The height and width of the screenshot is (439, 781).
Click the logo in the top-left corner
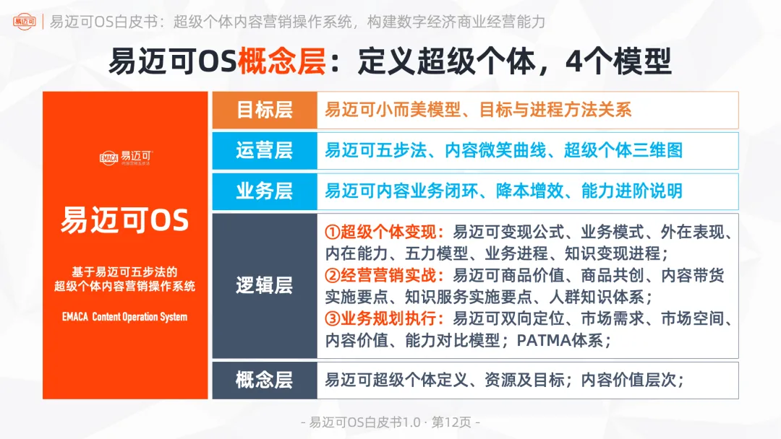(x=26, y=22)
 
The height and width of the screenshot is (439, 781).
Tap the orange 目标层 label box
(x=264, y=110)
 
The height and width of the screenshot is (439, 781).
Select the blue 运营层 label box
(x=264, y=150)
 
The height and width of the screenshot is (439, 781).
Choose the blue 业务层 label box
(x=264, y=191)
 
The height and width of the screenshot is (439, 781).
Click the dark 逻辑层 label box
(x=264, y=285)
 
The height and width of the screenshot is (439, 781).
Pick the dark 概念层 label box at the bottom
(x=264, y=380)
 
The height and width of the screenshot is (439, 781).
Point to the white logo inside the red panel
(x=125, y=157)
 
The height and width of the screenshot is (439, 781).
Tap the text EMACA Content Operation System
(x=124, y=317)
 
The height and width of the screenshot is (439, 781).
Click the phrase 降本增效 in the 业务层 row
(x=530, y=191)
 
